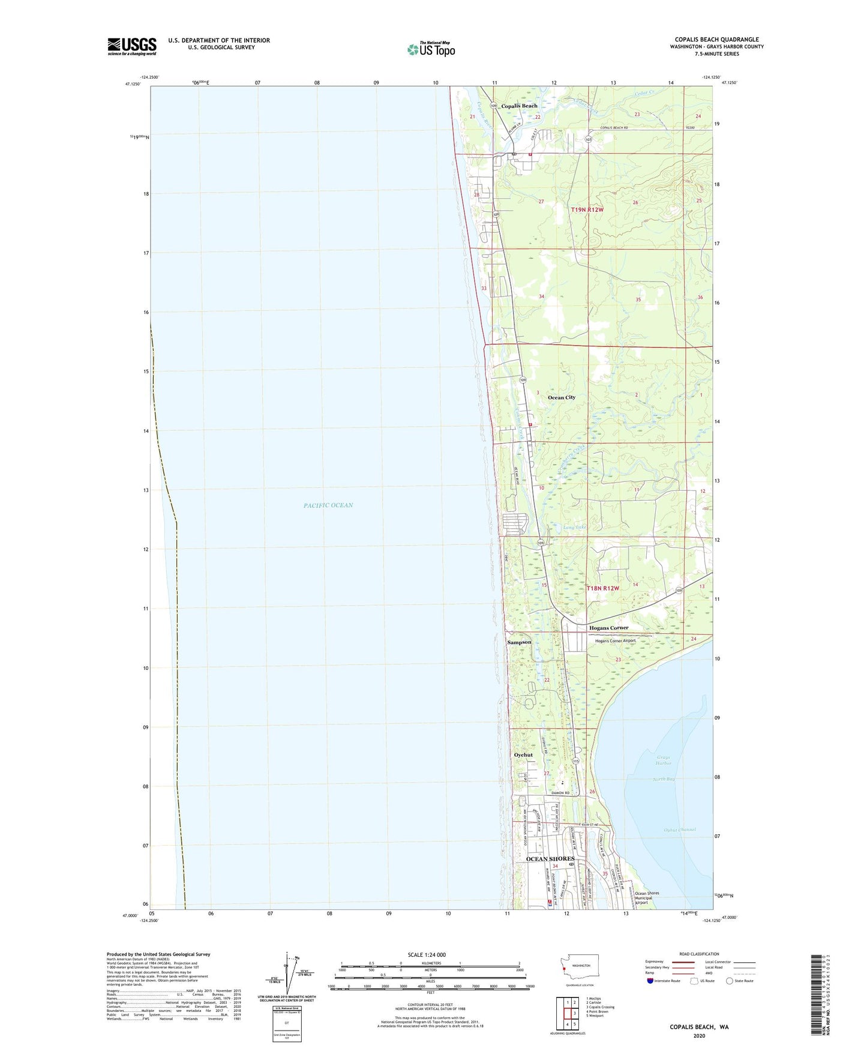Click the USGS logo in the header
point(132,46)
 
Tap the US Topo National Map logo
point(431,49)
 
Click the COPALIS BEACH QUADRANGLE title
point(716,40)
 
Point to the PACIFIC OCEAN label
point(328,505)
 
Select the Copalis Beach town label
point(520,106)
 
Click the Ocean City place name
point(562,397)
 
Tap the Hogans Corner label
point(609,628)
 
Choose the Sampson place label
point(519,642)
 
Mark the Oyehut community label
point(523,755)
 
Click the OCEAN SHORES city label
point(550,859)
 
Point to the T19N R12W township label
point(587,209)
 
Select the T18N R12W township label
point(602,588)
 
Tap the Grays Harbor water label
point(664,760)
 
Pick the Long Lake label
point(575,527)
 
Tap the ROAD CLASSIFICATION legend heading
point(699,954)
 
